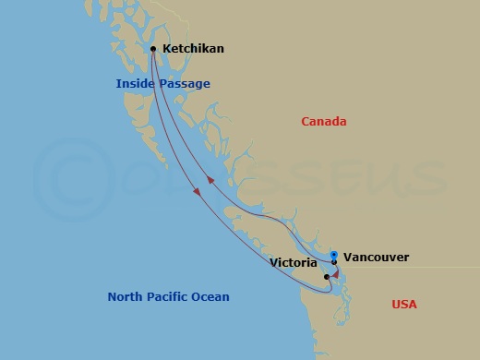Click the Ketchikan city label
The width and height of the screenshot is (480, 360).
[x=193, y=49]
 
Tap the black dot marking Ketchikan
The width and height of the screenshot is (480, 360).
[x=153, y=49]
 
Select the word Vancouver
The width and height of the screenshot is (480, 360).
[x=376, y=258]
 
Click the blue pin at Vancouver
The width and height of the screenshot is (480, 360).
[x=333, y=255]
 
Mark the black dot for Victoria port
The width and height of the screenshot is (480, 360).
[x=327, y=276]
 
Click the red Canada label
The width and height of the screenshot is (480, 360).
[x=324, y=121]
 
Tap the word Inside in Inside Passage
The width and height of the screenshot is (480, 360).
[x=135, y=84]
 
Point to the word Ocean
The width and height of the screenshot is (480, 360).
[x=210, y=296]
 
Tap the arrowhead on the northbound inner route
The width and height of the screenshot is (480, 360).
[x=209, y=180]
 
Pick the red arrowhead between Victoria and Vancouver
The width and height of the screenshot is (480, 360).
[x=337, y=273]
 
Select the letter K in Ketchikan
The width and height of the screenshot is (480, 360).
[x=166, y=49]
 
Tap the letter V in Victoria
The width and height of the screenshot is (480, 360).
[x=274, y=262]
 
